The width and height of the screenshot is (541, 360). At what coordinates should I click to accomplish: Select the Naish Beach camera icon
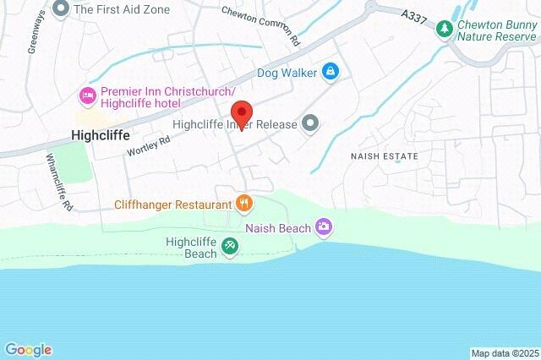[323, 226]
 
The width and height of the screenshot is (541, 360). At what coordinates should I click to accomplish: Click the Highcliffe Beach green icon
[229, 247]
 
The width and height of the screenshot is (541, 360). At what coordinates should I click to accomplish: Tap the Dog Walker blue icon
[331, 74]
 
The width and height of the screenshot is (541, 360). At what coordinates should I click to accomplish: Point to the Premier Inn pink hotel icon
[85, 95]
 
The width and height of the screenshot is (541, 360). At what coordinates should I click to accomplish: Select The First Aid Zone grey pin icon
[60, 9]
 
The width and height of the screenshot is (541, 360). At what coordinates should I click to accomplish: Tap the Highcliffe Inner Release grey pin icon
[310, 124]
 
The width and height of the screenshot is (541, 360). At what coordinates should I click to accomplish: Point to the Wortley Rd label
[148, 145]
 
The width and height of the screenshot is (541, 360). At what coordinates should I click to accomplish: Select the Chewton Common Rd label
[260, 25]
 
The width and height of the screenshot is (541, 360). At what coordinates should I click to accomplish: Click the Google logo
[28, 349]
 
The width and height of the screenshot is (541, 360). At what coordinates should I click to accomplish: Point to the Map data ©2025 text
[504, 352]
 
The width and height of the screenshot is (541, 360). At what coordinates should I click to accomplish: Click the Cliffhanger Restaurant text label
[173, 205]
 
